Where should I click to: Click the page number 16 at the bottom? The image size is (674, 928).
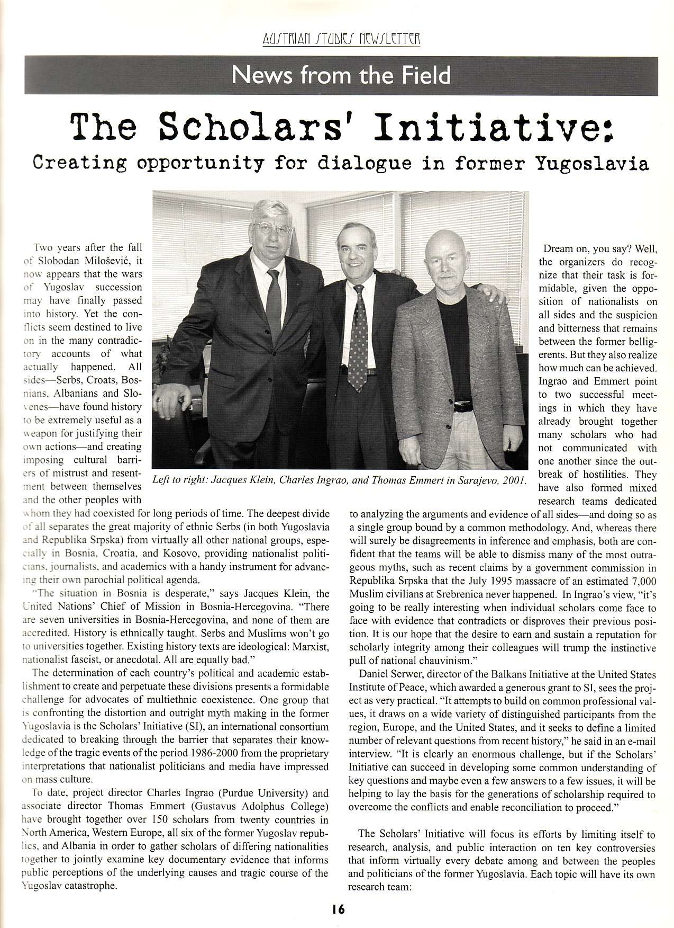click(339, 909)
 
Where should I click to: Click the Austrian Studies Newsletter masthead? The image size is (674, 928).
click(341, 39)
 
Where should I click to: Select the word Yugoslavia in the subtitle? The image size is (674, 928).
click(592, 163)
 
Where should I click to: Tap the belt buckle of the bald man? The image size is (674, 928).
click(461, 407)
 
